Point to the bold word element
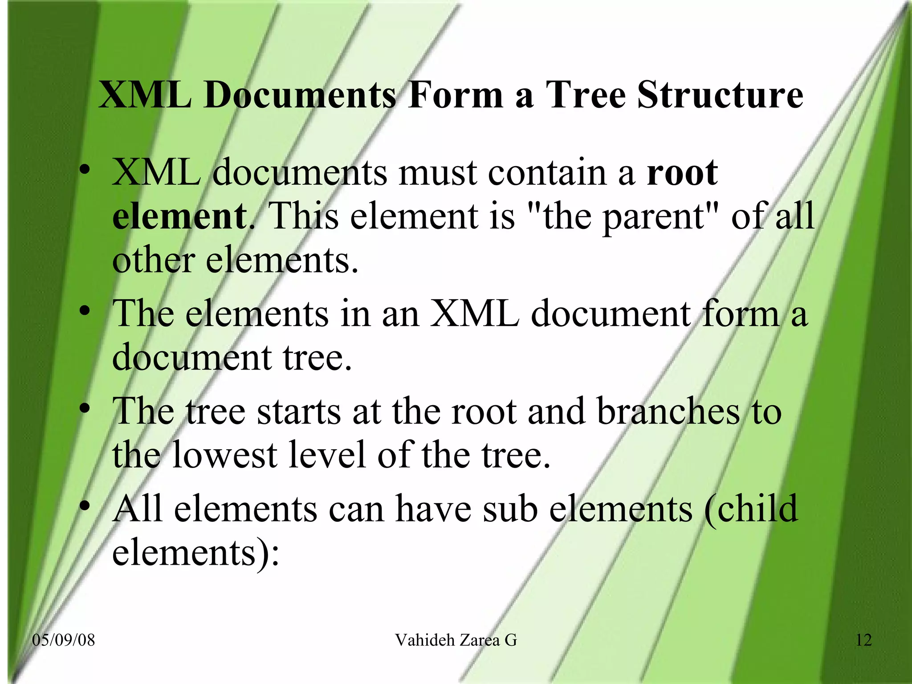click(x=179, y=216)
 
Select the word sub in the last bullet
click(x=510, y=509)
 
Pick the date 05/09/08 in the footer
click(x=64, y=640)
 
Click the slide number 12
click(x=863, y=640)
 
